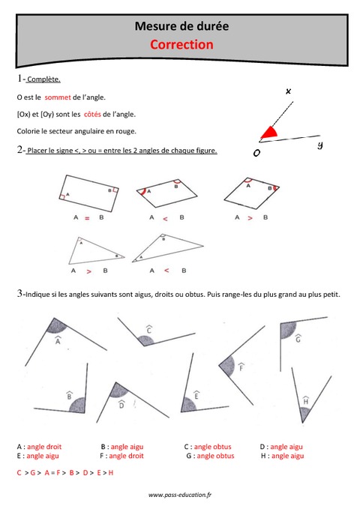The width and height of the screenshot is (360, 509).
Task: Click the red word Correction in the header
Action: [181, 44]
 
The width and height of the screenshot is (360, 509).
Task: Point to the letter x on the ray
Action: [288, 91]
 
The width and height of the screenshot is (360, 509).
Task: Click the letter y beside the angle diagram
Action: [319, 145]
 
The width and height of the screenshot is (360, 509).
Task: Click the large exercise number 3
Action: [19, 294]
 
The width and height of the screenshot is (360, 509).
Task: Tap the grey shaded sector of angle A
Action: [54, 325]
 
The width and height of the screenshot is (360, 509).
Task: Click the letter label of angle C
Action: [149, 330]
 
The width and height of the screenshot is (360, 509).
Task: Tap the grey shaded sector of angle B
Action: [76, 405]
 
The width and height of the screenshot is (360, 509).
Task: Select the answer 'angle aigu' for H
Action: [287, 455]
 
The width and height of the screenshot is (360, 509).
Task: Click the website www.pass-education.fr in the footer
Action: [180, 495]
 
